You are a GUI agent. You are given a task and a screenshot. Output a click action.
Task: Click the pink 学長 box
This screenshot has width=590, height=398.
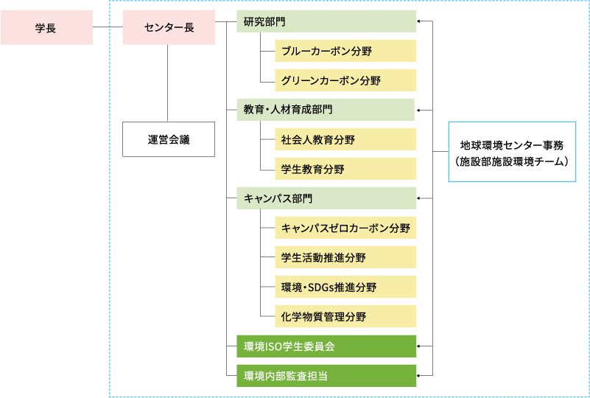46,28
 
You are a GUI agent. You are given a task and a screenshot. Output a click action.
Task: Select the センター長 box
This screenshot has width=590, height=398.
169,28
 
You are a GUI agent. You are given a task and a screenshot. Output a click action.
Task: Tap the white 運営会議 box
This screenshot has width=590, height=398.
169,139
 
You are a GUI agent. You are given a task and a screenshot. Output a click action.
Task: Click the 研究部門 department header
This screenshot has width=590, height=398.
326,21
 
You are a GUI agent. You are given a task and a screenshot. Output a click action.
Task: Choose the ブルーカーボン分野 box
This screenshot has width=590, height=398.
345,51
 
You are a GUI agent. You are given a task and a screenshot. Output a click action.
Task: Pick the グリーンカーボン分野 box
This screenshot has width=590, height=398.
345,80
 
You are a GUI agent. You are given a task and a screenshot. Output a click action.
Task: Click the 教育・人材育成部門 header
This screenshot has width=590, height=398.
326,110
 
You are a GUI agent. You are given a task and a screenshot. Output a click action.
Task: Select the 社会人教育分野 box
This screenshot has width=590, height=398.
345,139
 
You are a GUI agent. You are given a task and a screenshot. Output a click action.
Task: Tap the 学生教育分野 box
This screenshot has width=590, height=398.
345,169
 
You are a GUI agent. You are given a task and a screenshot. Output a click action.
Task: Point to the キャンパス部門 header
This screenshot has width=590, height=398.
326,198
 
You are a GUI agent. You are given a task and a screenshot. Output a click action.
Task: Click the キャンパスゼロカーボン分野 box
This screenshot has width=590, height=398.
345,228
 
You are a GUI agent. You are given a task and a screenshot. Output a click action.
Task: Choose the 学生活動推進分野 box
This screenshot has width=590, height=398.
345,257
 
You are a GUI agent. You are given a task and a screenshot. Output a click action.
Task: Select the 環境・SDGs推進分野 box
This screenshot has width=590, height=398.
345,287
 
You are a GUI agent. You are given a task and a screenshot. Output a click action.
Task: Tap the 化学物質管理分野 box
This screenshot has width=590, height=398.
345,316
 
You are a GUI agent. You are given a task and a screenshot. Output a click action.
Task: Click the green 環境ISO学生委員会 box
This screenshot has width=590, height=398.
326,346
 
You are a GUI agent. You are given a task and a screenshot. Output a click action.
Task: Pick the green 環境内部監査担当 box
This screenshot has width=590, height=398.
326,375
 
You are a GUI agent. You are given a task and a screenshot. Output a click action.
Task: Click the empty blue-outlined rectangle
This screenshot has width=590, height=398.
512,151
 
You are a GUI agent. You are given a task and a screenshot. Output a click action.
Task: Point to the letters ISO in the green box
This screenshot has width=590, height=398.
275,346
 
